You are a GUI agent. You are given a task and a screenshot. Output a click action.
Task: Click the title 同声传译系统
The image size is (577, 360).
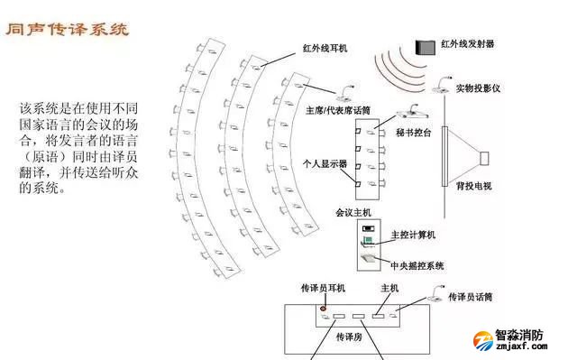tap(67, 30)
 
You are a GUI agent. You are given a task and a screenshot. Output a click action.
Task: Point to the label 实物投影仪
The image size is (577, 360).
tap(477, 88)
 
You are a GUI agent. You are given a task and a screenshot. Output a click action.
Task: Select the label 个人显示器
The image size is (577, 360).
tap(325, 167)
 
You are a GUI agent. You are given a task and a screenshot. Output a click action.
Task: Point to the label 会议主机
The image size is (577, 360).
tap(353, 215)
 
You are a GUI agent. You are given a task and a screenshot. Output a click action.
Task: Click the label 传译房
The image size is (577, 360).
tap(348, 334)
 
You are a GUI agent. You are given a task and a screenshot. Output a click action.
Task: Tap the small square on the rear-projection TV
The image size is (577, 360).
tap(485, 160)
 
